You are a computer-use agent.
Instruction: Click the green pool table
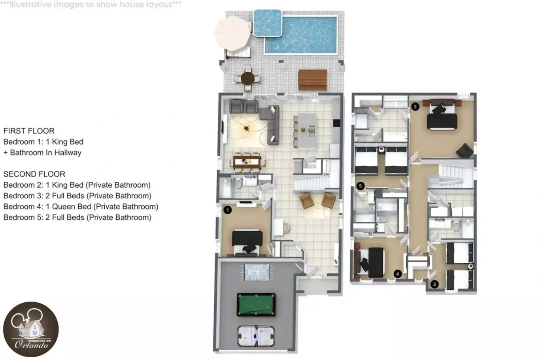coord(256,305)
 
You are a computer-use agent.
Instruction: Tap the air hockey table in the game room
coord(256,336)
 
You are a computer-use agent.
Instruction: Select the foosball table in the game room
coord(257,272)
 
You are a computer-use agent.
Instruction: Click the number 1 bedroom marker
coord(228,210)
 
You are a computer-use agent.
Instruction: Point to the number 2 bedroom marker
coord(415,107)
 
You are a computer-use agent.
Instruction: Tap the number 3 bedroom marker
coord(434,285)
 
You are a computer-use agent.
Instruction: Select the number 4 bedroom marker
coord(398,274)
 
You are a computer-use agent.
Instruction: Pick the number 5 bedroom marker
coord(361,186)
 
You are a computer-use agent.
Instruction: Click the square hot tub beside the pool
coord(268,23)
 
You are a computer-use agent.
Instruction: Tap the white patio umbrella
coord(232,33)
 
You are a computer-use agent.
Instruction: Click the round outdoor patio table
coord(247,78)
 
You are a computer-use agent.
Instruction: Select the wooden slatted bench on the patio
coord(312,80)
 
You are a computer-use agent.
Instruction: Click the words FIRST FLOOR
coord(29,131)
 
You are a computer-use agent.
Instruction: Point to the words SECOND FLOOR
coord(34,174)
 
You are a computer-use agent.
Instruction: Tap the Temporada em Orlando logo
coord(31,329)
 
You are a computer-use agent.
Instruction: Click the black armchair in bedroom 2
coord(464,151)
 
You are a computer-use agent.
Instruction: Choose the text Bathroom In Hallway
coord(45,153)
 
